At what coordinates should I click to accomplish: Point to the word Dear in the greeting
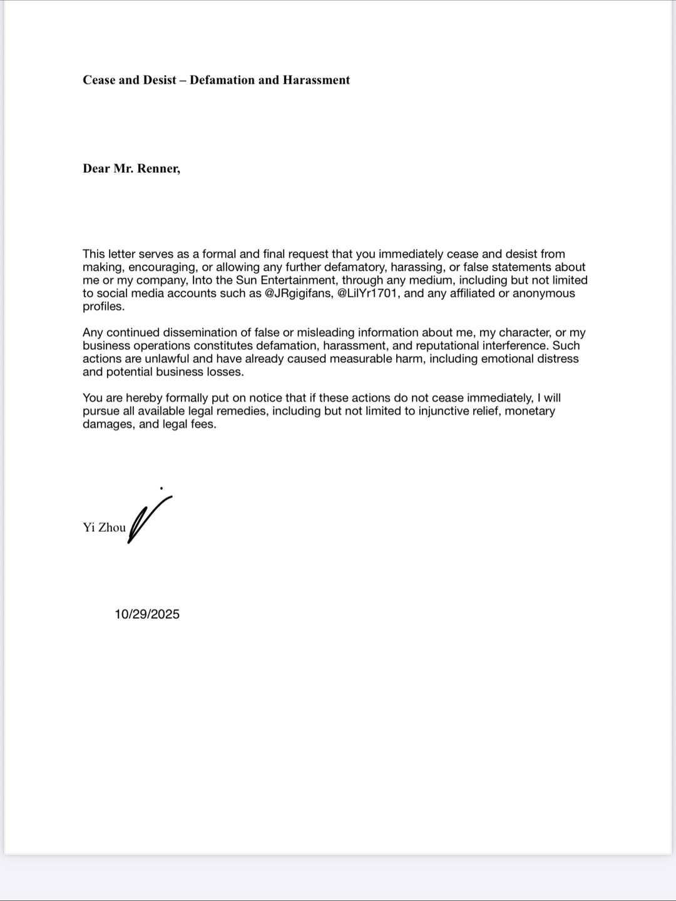coord(96,168)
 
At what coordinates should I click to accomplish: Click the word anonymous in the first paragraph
coord(543,293)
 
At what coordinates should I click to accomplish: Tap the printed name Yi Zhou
coord(104,527)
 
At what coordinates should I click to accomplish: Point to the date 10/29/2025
coord(147,614)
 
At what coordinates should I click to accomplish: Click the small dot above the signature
coord(161,488)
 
